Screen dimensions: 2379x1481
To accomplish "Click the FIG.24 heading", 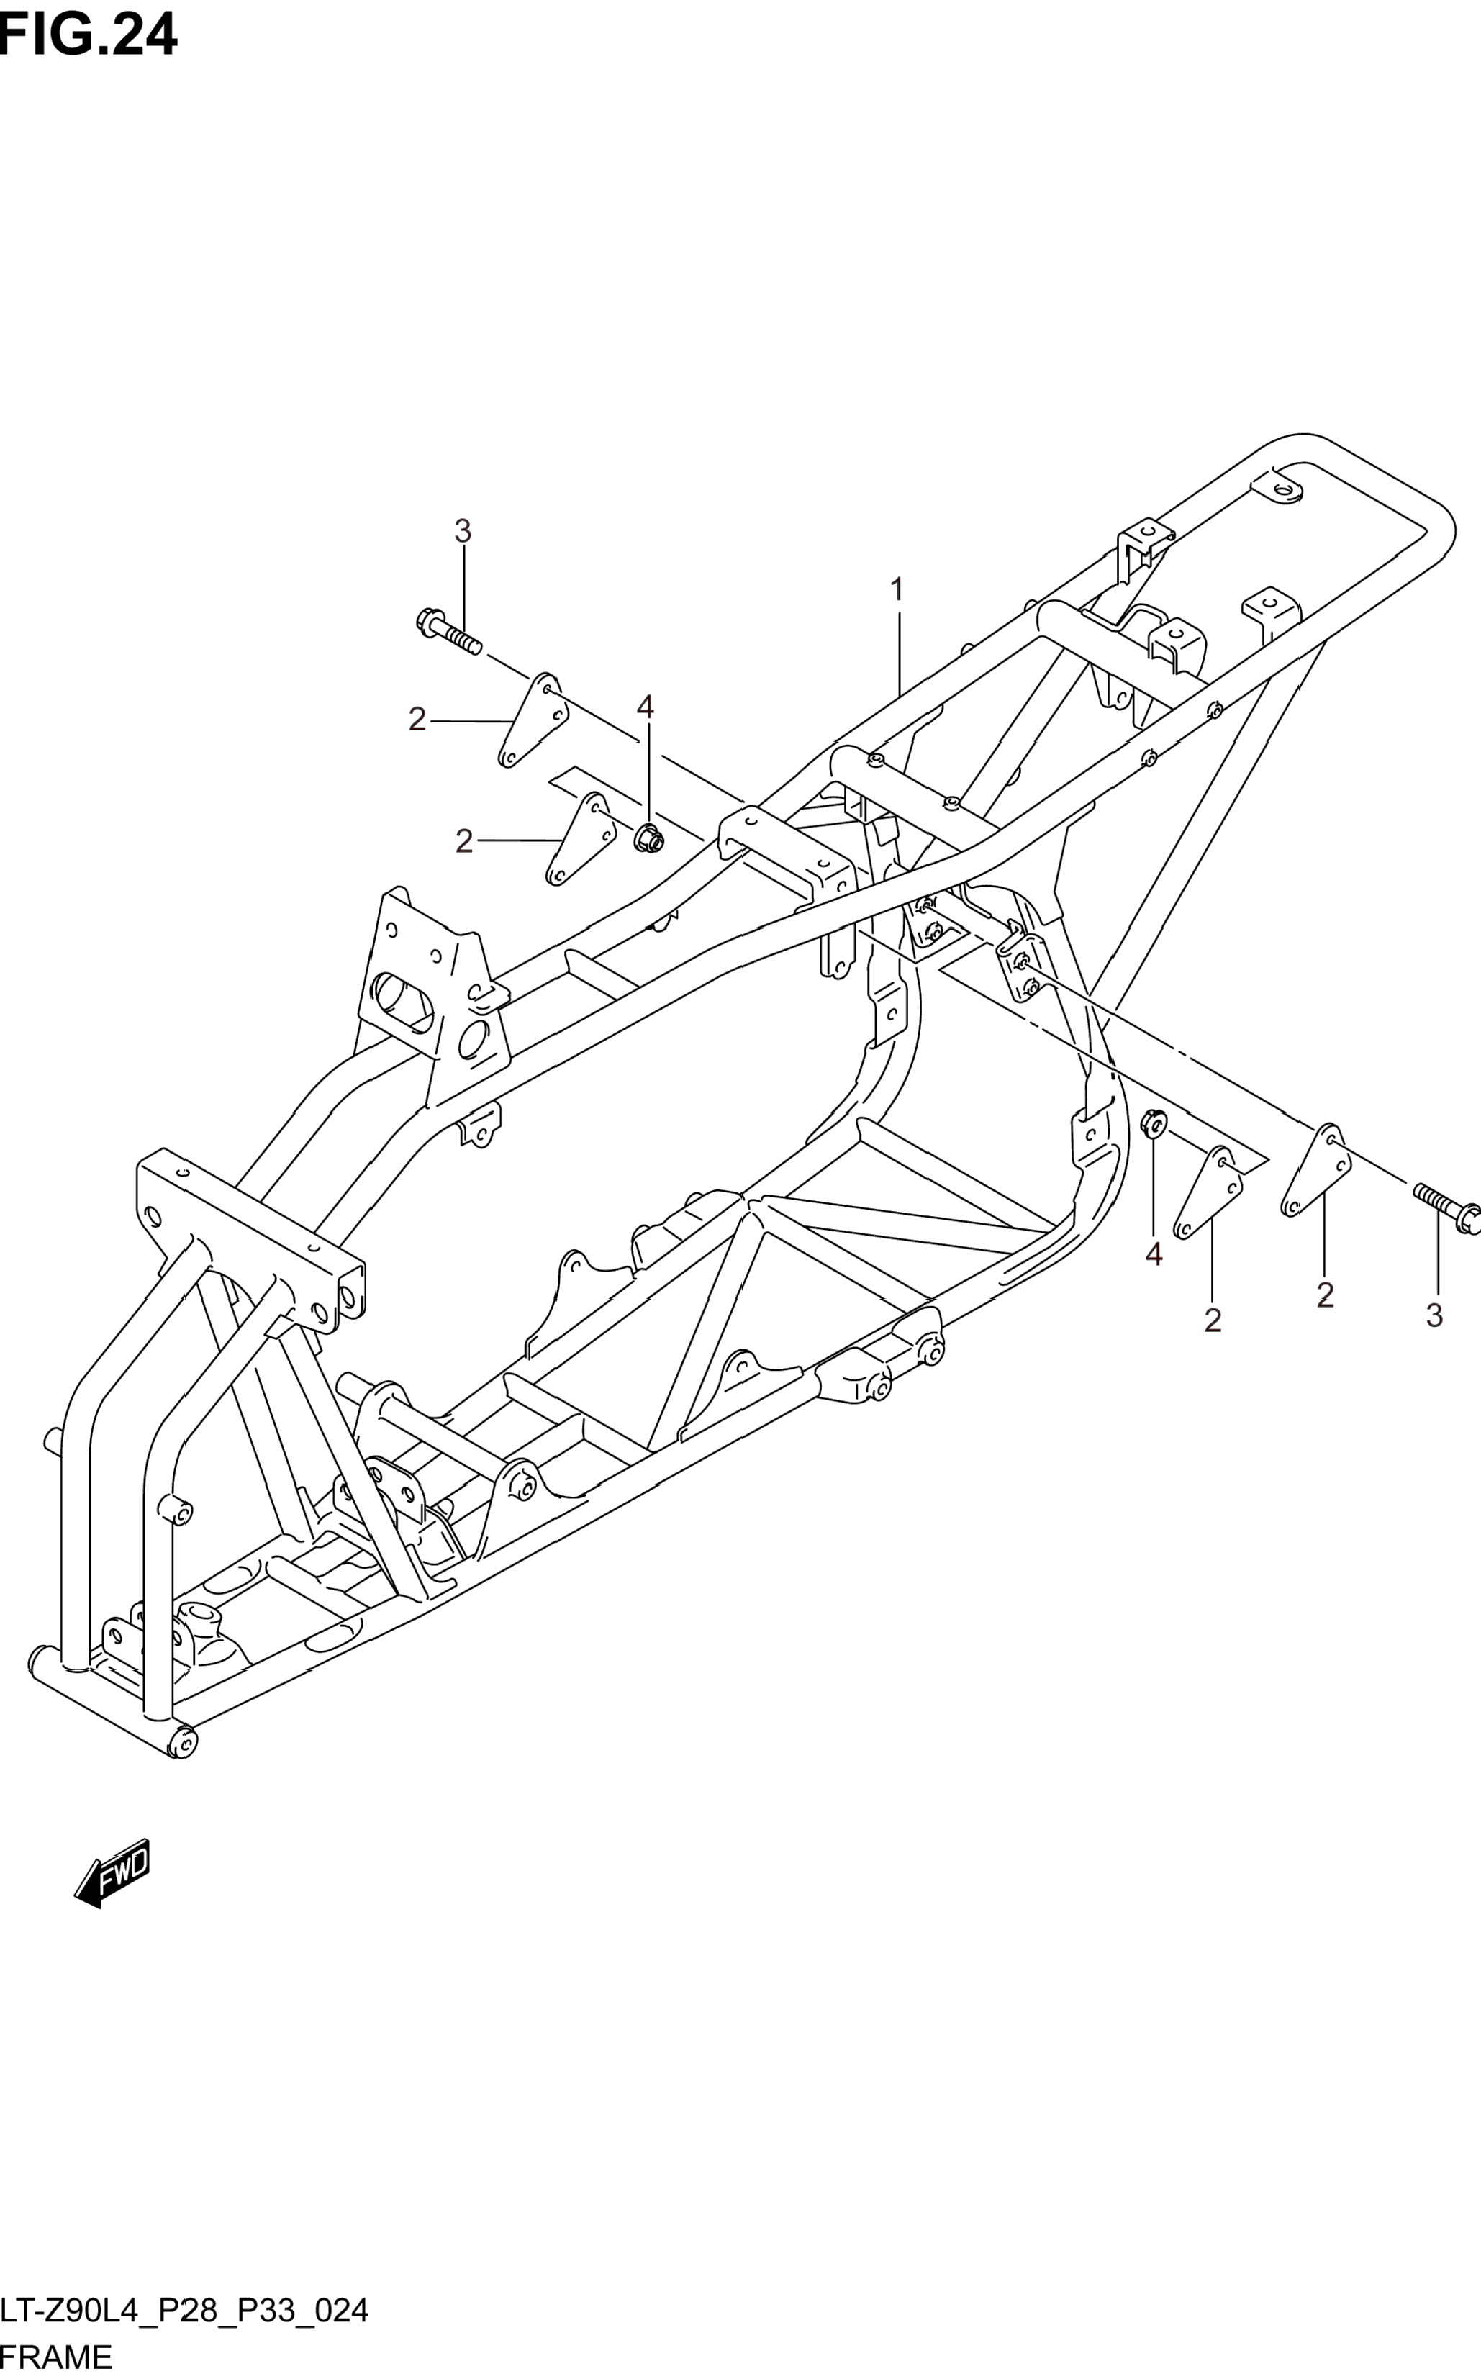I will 88,35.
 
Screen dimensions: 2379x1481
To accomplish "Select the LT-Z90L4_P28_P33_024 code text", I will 185,2311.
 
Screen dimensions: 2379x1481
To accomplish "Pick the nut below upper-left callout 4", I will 646,838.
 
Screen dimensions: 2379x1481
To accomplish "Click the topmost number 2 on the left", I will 418,720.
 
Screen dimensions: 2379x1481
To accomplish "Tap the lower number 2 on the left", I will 464,840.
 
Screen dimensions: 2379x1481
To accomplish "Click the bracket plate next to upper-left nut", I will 581,838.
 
